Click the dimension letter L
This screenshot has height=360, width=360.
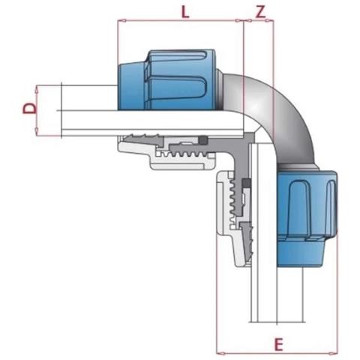click(x=185, y=12)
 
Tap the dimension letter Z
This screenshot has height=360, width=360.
click(x=260, y=12)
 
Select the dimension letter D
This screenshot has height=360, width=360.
click(x=30, y=109)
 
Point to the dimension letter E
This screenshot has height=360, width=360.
click(x=278, y=344)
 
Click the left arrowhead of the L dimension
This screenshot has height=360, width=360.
click(x=121, y=20)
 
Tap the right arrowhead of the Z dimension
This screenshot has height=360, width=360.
click(x=270, y=21)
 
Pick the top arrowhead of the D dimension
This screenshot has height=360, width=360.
click(x=37, y=89)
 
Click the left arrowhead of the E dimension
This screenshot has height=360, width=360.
click(x=221, y=353)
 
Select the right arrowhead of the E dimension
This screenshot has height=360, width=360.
click(x=332, y=353)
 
